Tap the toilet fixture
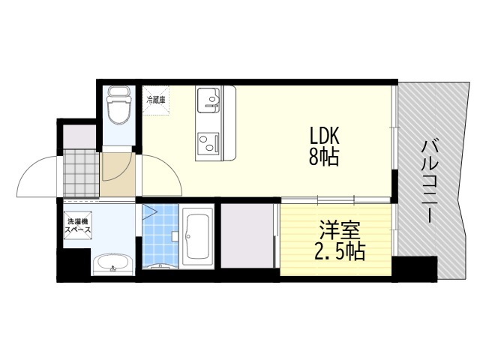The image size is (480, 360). (x=118, y=106)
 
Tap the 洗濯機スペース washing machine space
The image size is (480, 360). (x=78, y=226)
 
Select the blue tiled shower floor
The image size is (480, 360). (x=158, y=236)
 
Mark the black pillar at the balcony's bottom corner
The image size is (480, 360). (x=415, y=268)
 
